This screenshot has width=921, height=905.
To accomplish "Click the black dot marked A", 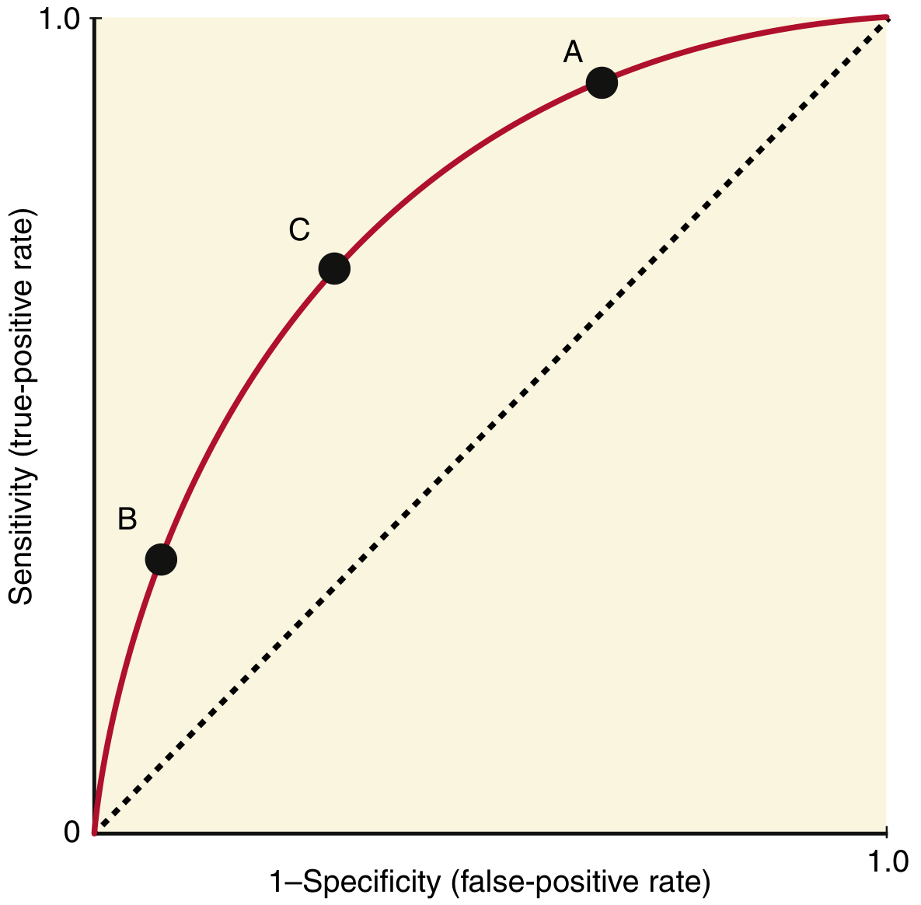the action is point(602,82).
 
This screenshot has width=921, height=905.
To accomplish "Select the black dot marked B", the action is point(161,559).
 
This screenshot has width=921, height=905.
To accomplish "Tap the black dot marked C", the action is point(334,268).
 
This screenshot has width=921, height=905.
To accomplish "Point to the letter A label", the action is point(573,52).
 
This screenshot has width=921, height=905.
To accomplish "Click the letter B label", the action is point(127,519).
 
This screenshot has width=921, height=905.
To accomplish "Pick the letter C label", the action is point(299,230).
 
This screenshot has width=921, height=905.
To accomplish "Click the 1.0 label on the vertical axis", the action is point(58,19).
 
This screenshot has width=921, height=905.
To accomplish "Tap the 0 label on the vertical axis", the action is point(72,832).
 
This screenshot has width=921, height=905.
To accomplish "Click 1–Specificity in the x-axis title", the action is point(354,882).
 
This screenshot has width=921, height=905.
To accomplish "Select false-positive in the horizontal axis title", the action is point(543,882).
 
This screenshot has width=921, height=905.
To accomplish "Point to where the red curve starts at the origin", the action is point(94,833).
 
